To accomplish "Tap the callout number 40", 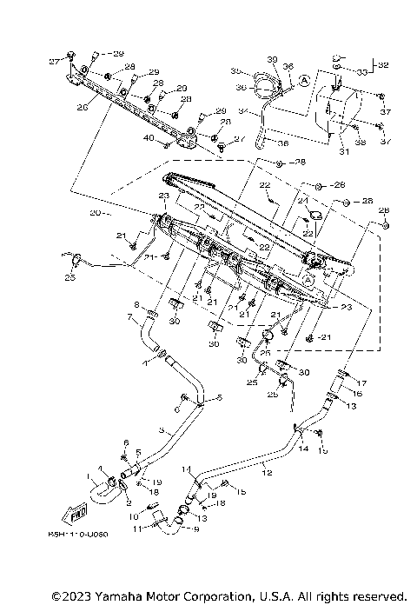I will pyautogui.click(x=149, y=139).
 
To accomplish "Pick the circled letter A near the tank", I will pyautogui.click(x=304, y=79).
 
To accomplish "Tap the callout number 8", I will pyautogui.click(x=136, y=304).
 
